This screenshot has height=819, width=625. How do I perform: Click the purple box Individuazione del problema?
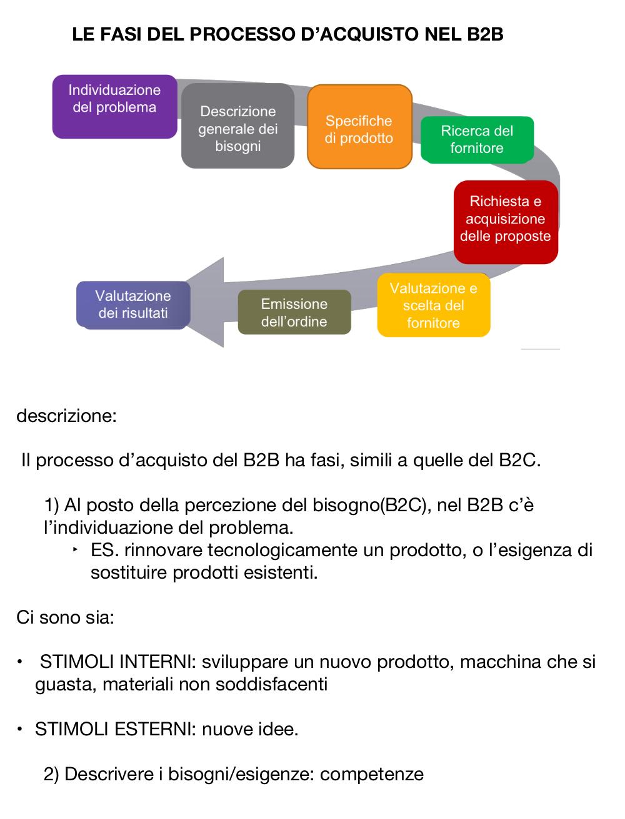(x=114, y=107)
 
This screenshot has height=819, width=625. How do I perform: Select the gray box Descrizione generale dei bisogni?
(x=237, y=125)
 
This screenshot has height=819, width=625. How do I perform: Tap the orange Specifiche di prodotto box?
(x=359, y=127)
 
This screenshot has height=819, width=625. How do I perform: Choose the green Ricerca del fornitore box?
(x=477, y=140)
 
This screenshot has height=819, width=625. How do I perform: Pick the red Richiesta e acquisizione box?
(x=506, y=222)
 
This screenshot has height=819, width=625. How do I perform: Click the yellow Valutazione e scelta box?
(x=433, y=305)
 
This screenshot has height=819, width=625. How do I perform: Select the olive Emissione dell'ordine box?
(x=294, y=312)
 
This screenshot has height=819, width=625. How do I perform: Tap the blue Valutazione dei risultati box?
(x=133, y=305)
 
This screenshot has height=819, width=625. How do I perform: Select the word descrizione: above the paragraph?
(x=66, y=416)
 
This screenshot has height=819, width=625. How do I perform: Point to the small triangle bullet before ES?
(x=76, y=549)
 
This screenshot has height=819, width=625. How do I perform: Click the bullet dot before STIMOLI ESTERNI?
(x=19, y=729)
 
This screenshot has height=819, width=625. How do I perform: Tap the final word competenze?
(x=372, y=775)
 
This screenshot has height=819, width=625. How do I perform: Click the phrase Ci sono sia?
(x=65, y=617)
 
